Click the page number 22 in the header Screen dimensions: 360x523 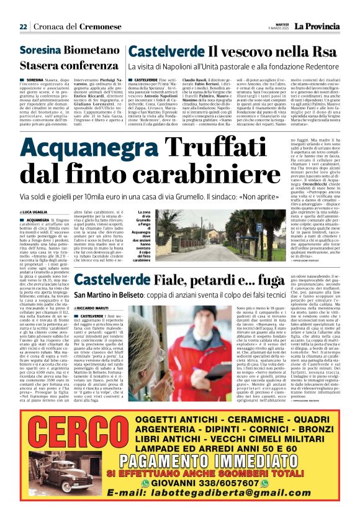click(x=23, y=27)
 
